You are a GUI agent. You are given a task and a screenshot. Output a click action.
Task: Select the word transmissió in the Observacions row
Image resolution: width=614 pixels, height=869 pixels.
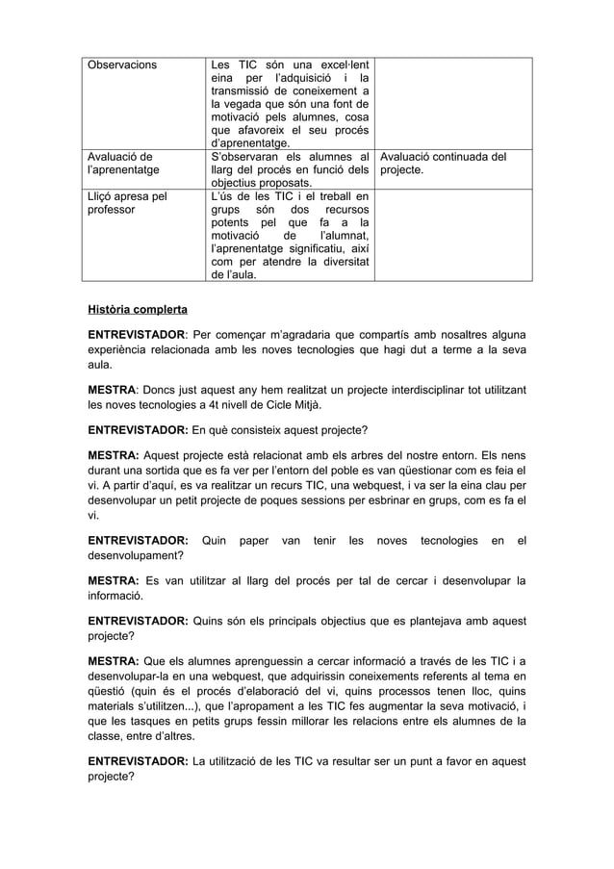tap(244, 93)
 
